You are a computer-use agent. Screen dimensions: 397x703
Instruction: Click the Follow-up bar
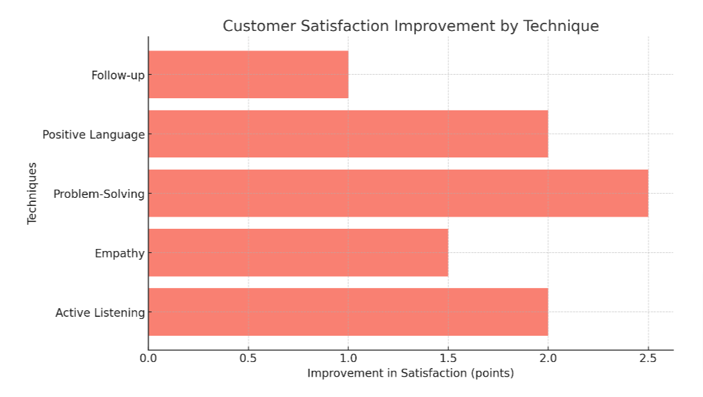248,75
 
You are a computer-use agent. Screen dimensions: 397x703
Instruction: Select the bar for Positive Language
348,134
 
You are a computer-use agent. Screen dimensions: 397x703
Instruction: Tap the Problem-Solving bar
398,193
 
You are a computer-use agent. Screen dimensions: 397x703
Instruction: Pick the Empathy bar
298,252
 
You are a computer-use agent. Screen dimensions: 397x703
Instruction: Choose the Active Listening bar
348,312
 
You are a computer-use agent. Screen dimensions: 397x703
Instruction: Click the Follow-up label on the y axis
118,75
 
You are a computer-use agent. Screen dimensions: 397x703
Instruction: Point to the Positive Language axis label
93,135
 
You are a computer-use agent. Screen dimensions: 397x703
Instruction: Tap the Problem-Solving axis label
99,194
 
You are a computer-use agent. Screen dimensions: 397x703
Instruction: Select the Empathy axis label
120,253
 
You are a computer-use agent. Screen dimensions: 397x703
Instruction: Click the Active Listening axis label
99,312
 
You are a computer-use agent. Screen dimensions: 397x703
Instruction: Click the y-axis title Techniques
32,193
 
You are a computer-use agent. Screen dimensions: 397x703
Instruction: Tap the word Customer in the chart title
253,26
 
